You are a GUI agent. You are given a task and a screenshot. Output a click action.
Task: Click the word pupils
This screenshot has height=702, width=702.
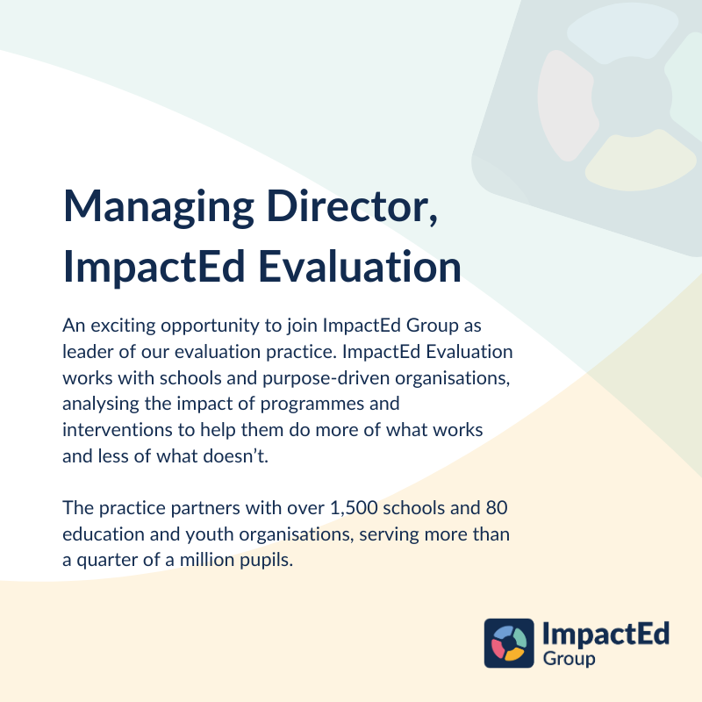coord(264,561)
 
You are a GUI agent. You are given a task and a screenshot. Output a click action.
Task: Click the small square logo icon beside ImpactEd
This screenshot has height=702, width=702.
coord(509,643)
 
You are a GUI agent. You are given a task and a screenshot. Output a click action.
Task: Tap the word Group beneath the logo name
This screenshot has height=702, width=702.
coord(569,659)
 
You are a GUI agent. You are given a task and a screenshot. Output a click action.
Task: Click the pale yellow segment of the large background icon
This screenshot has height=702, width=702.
coord(629,161)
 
